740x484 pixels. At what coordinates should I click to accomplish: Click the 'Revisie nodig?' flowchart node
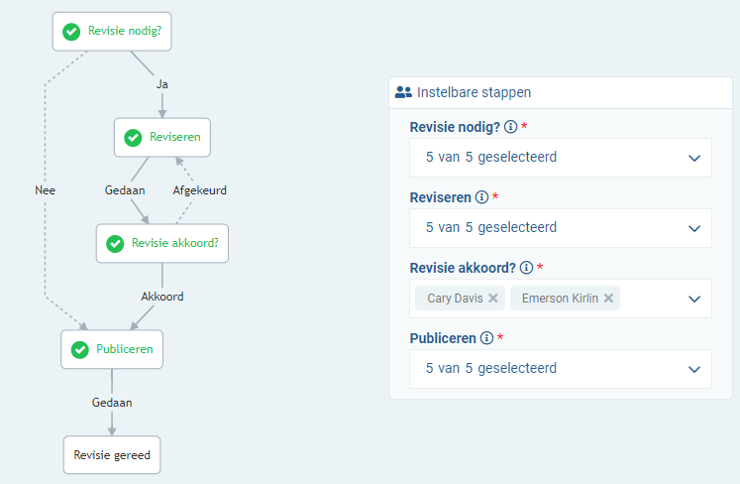[111, 31]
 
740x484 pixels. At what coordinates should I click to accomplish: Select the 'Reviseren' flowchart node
[162, 137]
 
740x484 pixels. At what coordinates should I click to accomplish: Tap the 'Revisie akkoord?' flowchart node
[161, 243]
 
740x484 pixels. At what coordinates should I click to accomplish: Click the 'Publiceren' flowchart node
[111, 349]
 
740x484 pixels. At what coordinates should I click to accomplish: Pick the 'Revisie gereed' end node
[111, 455]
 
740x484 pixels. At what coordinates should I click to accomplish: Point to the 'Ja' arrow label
[162, 84]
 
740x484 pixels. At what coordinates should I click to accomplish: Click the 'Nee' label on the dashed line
[44, 190]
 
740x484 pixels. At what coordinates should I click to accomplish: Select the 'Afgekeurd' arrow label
[200, 190]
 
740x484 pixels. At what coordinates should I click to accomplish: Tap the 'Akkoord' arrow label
[161, 297]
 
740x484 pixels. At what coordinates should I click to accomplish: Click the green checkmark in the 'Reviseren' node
[133, 137]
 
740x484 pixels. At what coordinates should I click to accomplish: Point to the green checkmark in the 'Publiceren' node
[79, 349]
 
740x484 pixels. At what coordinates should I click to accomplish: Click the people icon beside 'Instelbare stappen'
[402, 92]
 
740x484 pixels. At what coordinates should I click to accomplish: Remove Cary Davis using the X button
[492, 298]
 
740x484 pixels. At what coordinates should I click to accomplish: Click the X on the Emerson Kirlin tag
[608, 298]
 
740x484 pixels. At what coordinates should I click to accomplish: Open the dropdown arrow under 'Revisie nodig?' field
[693, 158]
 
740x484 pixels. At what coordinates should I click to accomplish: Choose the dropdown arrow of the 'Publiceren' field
[693, 369]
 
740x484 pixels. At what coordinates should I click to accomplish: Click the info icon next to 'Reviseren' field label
[481, 197]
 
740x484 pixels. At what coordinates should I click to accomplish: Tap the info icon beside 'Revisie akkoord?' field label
[526, 268]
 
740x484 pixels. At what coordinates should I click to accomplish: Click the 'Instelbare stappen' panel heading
[474, 92]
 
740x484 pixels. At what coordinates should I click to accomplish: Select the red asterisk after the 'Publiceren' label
[500, 338]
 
